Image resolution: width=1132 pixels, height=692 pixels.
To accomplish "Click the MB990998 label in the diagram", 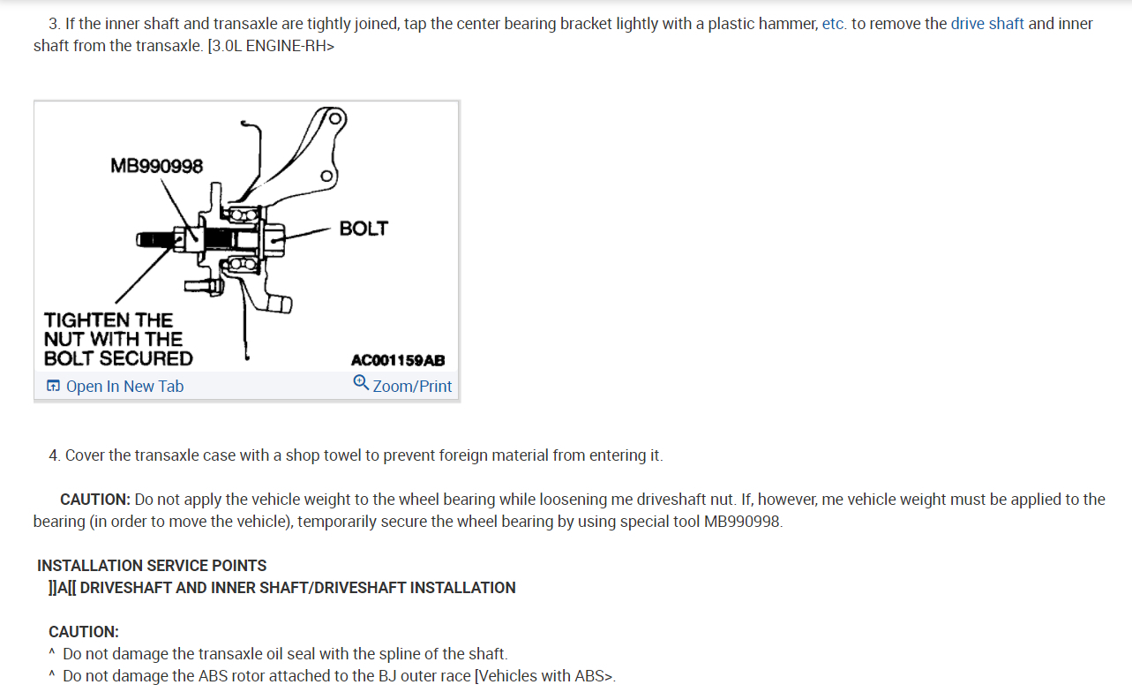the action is coord(156,166).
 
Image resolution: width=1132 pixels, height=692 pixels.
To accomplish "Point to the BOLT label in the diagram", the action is coord(364,229).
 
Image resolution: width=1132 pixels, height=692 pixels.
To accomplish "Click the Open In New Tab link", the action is coord(124,387).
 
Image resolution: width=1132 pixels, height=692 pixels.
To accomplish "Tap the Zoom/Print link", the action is coord(412,387).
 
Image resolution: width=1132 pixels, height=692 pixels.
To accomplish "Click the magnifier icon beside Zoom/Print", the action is coord(360,383).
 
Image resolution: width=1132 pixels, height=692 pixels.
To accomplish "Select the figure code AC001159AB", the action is coord(398,360).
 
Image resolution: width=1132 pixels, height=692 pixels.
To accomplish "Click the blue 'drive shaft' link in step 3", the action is coord(987,24).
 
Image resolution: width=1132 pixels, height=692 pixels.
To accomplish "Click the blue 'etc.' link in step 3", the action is coord(834,24).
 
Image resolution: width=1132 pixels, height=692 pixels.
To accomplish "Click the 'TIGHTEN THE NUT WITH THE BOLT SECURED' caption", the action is coord(117,339).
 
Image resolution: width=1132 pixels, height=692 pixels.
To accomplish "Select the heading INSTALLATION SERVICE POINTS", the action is coord(152,566).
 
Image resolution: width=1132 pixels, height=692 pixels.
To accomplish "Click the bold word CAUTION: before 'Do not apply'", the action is coord(95,500).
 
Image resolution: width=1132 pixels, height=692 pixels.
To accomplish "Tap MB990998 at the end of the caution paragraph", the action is coord(742,522).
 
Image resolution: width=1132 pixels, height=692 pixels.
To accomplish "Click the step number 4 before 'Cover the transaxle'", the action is coord(54,455).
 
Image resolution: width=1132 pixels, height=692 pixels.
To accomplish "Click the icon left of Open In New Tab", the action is coord(54,387).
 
